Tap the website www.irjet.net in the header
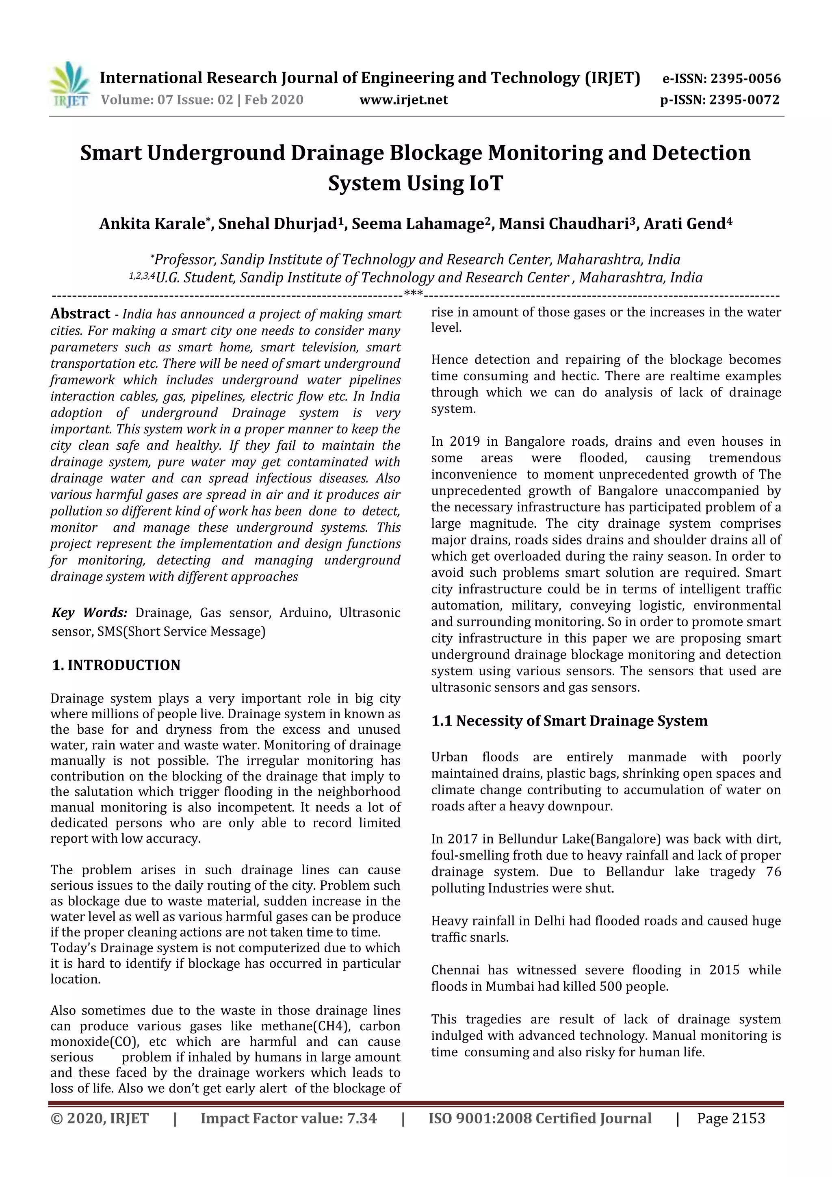[x=403, y=100]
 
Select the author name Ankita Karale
[x=152, y=224]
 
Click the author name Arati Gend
[x=685, y=224]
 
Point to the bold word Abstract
[x=80, y=314]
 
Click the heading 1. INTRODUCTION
[x=116, y=665]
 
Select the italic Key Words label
[x=90, y=613]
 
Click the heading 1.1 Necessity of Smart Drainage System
[x=569, y=721]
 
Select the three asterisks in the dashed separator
[x=413, y=294]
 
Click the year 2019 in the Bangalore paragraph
[x=464, y=441]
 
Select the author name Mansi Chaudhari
[x=564, y=224]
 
